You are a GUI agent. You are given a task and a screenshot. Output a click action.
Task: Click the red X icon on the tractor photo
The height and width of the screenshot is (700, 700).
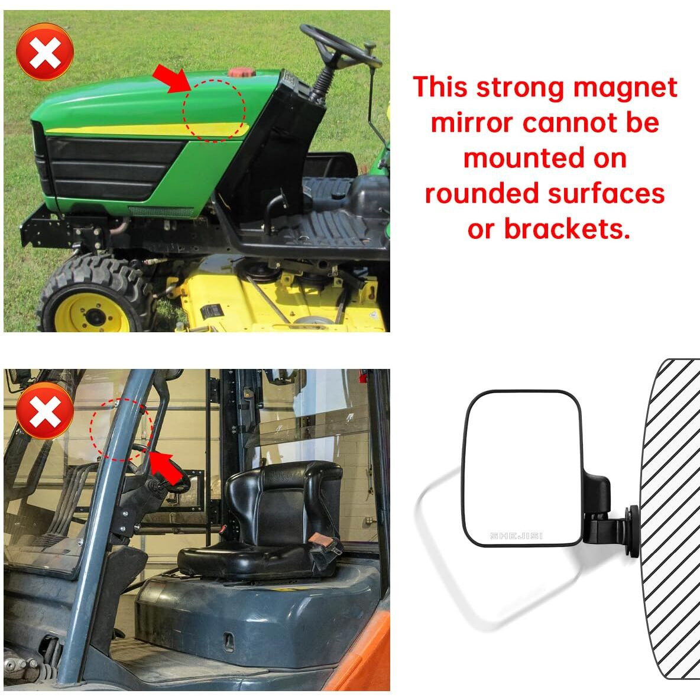click(x=44, y=52)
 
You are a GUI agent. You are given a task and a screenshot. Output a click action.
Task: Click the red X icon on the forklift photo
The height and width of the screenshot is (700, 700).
click(x=44, y=410)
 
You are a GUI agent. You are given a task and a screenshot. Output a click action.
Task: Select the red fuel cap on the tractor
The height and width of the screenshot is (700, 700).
click(x=241, y=73)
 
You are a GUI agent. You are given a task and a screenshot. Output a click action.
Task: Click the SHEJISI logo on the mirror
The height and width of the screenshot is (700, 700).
click(x=516, y=536)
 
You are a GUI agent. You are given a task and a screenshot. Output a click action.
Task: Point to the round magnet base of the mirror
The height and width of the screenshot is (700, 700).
click(x=633, y=530)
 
